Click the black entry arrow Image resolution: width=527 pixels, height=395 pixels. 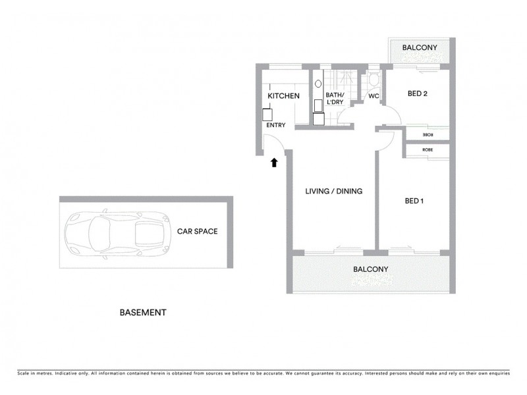click(x=274, y=162)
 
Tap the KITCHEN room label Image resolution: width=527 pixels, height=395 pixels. click(x=283, y=96)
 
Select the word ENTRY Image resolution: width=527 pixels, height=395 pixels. click(x=275, y=123)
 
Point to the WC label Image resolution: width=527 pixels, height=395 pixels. click(x=373, y=96)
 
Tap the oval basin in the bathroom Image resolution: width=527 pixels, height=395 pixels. click(x=318, y=84)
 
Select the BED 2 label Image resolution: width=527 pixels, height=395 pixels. click(x=417, y=93)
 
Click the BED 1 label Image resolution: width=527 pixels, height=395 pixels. click(x=414, y=201)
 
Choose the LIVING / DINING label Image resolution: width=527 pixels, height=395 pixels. click(x=334, y=192)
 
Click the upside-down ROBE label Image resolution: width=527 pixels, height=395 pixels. click(x=428, y=135)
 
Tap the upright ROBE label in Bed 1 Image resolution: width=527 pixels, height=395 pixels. click(x=428, y=150)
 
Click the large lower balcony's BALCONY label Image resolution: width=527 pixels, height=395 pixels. click(x=370, y=269)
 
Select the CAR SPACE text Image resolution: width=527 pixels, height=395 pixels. click(x=197, y=231)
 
